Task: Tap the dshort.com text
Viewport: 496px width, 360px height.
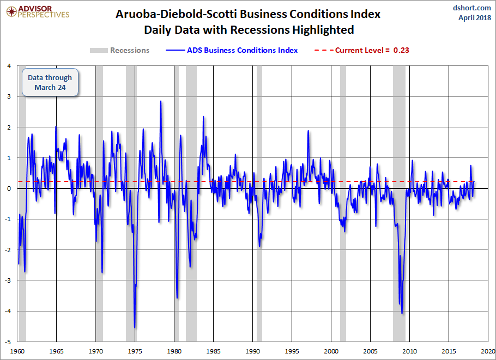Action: (471, 8)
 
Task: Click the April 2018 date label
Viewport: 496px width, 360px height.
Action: (475, 17)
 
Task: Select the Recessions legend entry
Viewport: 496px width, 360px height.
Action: (119, 50)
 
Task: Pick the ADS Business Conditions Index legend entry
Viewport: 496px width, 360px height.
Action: (232, 50)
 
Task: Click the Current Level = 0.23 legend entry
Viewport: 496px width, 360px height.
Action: (362, 50)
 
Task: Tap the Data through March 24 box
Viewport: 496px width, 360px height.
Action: (50, 82)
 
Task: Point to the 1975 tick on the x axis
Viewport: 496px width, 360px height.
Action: (135, 351)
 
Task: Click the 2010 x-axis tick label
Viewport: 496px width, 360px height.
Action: (409, 351)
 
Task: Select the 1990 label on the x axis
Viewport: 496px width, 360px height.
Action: (252, 351)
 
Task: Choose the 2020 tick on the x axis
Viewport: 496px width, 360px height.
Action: (488, 351)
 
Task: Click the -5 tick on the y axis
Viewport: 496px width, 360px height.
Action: (8, 342)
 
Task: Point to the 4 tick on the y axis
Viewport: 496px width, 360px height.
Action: (9, 66)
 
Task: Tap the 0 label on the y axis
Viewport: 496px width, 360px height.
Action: (9, 188)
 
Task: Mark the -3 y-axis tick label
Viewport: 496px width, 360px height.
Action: (8, 280)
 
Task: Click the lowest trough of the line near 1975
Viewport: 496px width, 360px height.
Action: (135, 328)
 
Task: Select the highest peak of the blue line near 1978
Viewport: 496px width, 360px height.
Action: (161, 101)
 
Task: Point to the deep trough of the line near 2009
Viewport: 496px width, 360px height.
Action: (402, 314)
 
